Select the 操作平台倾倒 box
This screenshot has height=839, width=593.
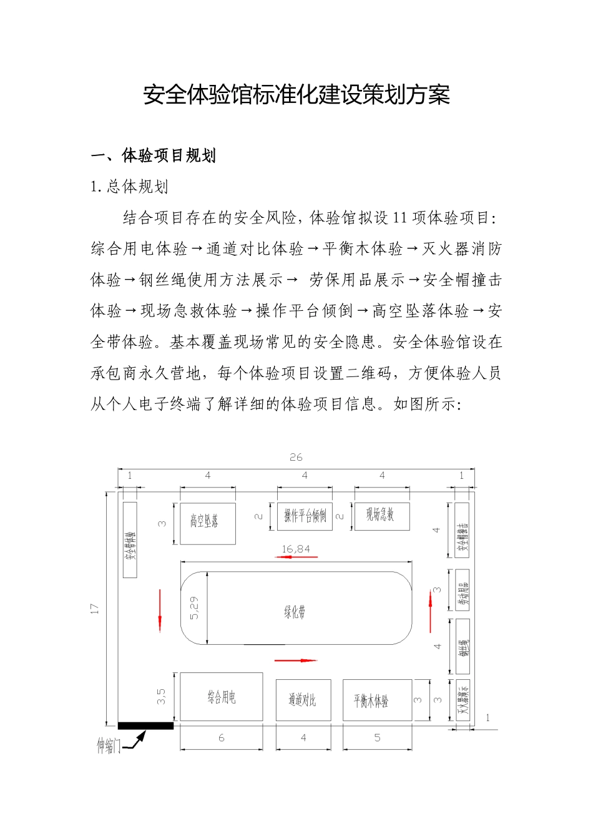[305, 516]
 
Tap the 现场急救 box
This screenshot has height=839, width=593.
[381, 516]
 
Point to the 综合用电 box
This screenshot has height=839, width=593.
[221, 697]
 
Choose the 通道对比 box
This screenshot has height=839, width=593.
[303, 700]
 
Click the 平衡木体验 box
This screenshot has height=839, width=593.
[377, 700]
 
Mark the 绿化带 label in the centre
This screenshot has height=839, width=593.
[295, 612]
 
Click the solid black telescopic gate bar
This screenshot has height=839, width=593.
[145, 725]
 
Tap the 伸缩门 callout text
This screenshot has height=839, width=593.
[108, 745]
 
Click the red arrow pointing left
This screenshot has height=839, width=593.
[296, 557]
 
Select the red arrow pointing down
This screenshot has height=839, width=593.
[160, 610]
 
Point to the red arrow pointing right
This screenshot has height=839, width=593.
[296, 660]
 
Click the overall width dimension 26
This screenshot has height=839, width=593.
[296, 458]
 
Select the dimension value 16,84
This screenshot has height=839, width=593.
[296, 549]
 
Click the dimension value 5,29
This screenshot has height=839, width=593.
[194, 607]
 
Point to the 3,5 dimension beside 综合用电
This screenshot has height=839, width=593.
[161, 696]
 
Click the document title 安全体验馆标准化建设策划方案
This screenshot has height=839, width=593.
[296, 95]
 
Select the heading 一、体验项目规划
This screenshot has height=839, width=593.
[154, 155]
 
